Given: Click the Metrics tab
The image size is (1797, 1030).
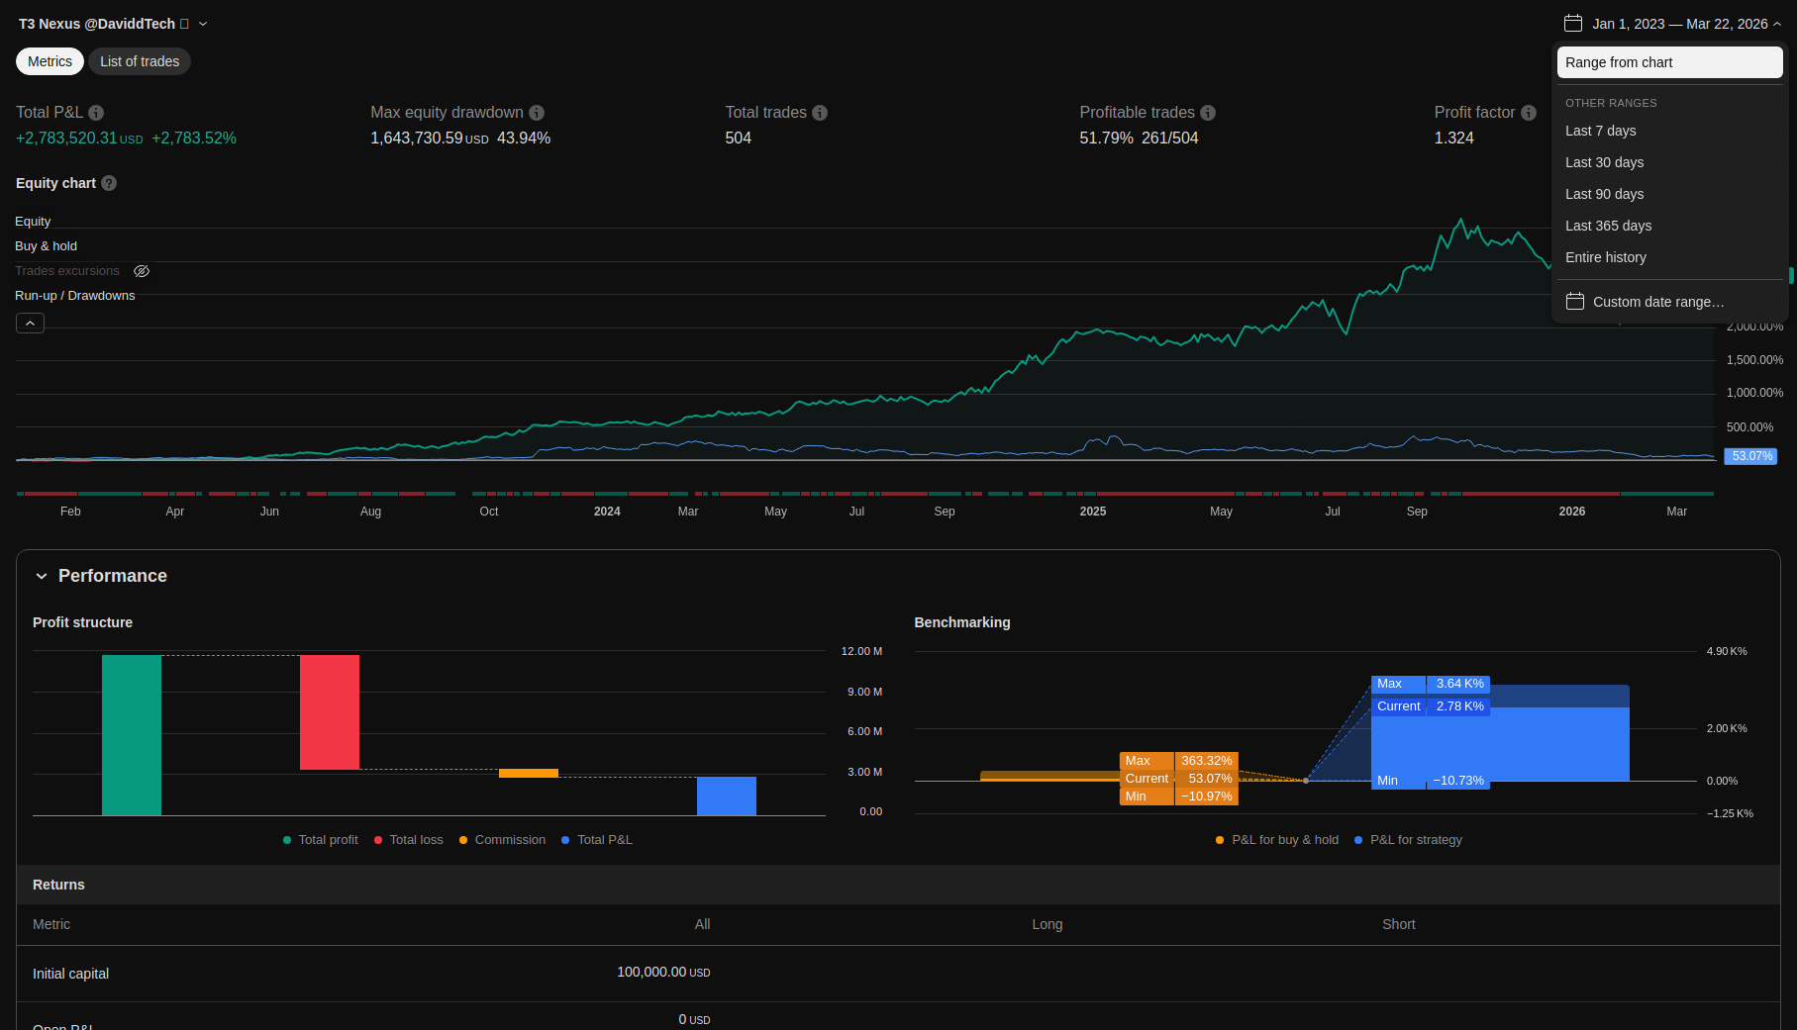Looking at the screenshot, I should [50, 61].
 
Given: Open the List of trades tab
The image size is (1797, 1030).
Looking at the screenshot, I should [140, 61].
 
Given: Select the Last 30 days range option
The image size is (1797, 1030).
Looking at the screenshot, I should [1604, 162].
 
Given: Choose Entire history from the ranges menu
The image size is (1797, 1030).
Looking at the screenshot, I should [1605, 257].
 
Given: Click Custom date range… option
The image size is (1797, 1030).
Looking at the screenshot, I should [1657, 302].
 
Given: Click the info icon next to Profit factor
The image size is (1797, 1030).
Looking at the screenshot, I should [1529, 113].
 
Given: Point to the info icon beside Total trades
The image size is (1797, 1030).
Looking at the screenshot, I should [820, 113].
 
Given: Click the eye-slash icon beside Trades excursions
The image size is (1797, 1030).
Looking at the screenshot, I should [142, 271].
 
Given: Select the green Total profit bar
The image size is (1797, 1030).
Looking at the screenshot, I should [132, 735].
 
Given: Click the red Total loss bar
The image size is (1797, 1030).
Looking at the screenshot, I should [330, 712].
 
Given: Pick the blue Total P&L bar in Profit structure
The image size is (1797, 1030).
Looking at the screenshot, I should [727, 796].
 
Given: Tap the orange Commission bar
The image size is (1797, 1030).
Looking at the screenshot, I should [529, 773].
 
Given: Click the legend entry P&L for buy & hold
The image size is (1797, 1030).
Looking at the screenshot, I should [1284, 840].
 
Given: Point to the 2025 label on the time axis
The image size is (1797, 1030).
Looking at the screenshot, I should [1093, 512].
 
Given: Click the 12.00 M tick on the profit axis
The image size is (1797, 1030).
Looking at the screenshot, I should [861, 651].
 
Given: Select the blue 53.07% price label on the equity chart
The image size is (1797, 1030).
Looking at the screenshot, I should [1751, 456].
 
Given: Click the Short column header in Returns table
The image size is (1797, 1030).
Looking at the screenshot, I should [1398, 924].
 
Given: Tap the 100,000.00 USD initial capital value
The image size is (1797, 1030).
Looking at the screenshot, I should [663, 973].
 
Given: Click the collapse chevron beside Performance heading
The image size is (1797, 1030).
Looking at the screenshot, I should [42, 576].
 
